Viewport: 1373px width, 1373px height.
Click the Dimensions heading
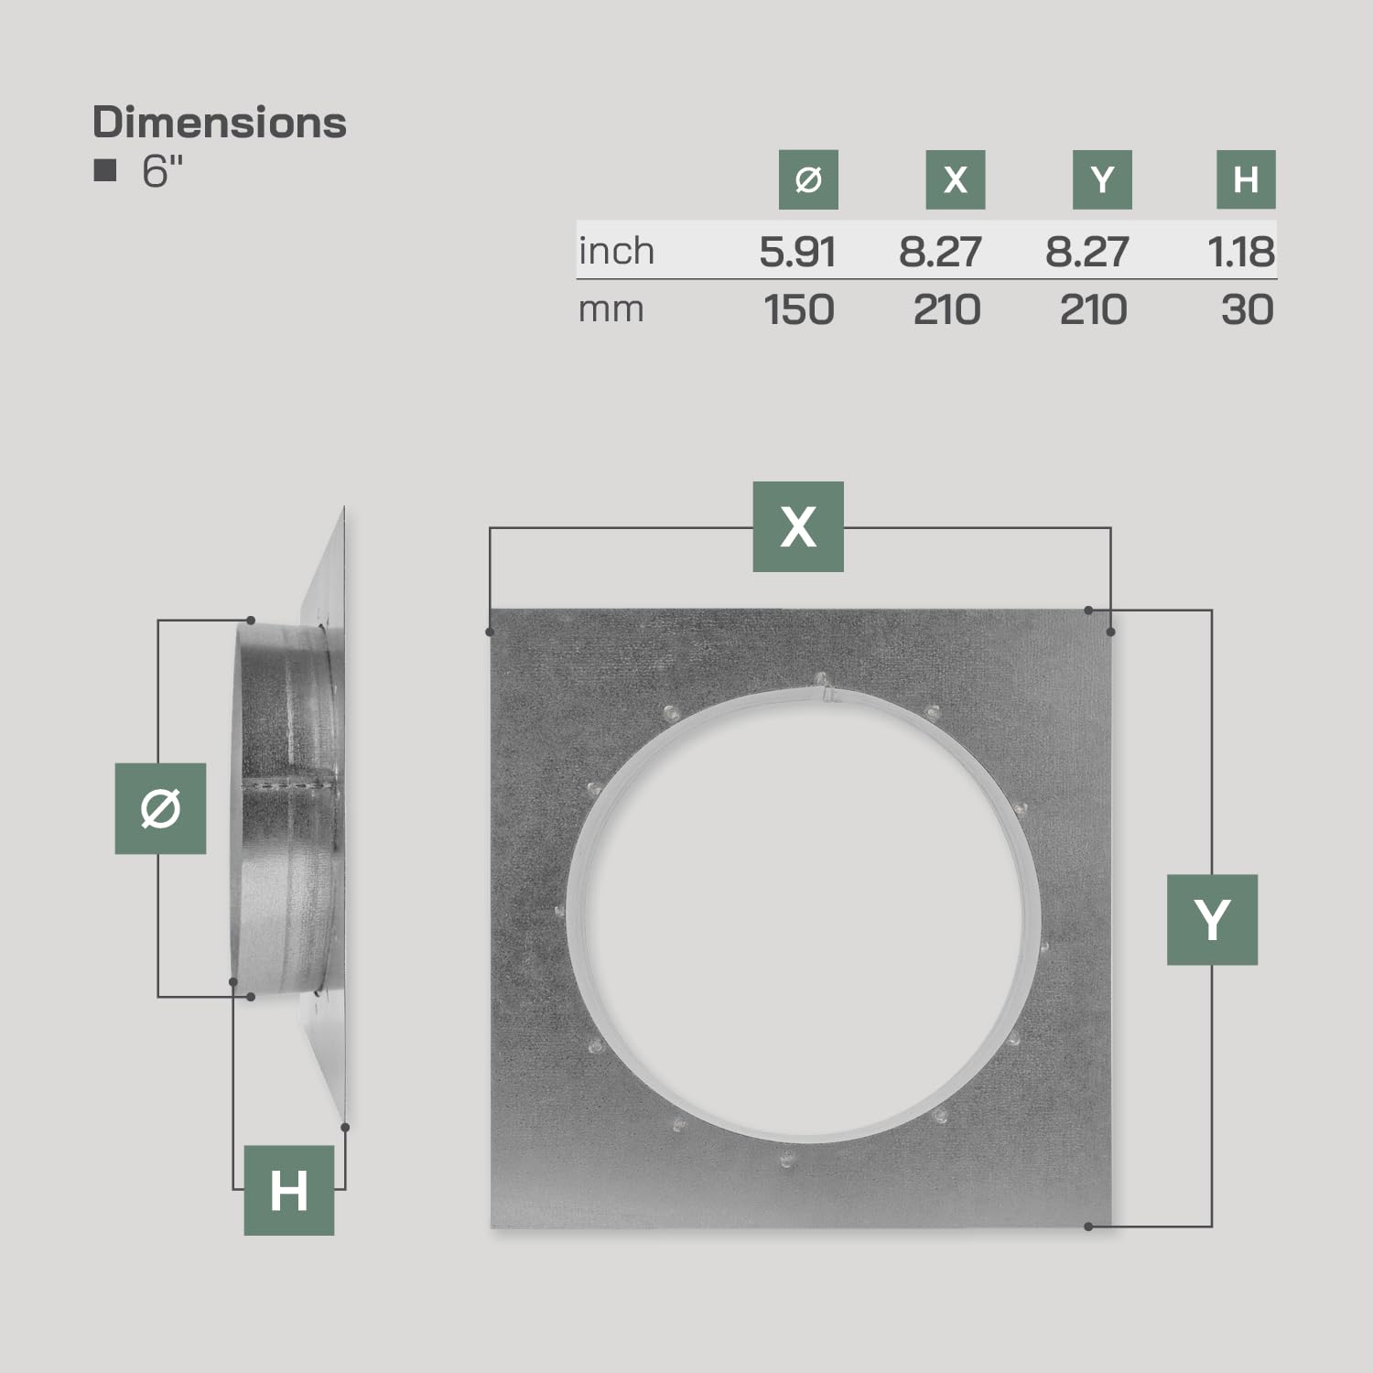tap(220, 123)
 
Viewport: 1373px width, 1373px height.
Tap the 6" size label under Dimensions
tap(163, 171)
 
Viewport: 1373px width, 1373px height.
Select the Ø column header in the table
tap(808, 179)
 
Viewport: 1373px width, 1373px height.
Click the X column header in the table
tap(956, 179)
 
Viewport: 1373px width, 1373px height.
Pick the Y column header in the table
tap(1102, 179)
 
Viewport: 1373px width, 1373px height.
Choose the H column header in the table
tap(1246, 179)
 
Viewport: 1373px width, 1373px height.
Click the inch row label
tap(616, 251)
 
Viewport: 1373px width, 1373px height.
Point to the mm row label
tap(611, 310)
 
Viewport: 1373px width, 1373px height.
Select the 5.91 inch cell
tap(797, 252)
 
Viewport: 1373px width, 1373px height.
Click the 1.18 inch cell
tap(1241, 252)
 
